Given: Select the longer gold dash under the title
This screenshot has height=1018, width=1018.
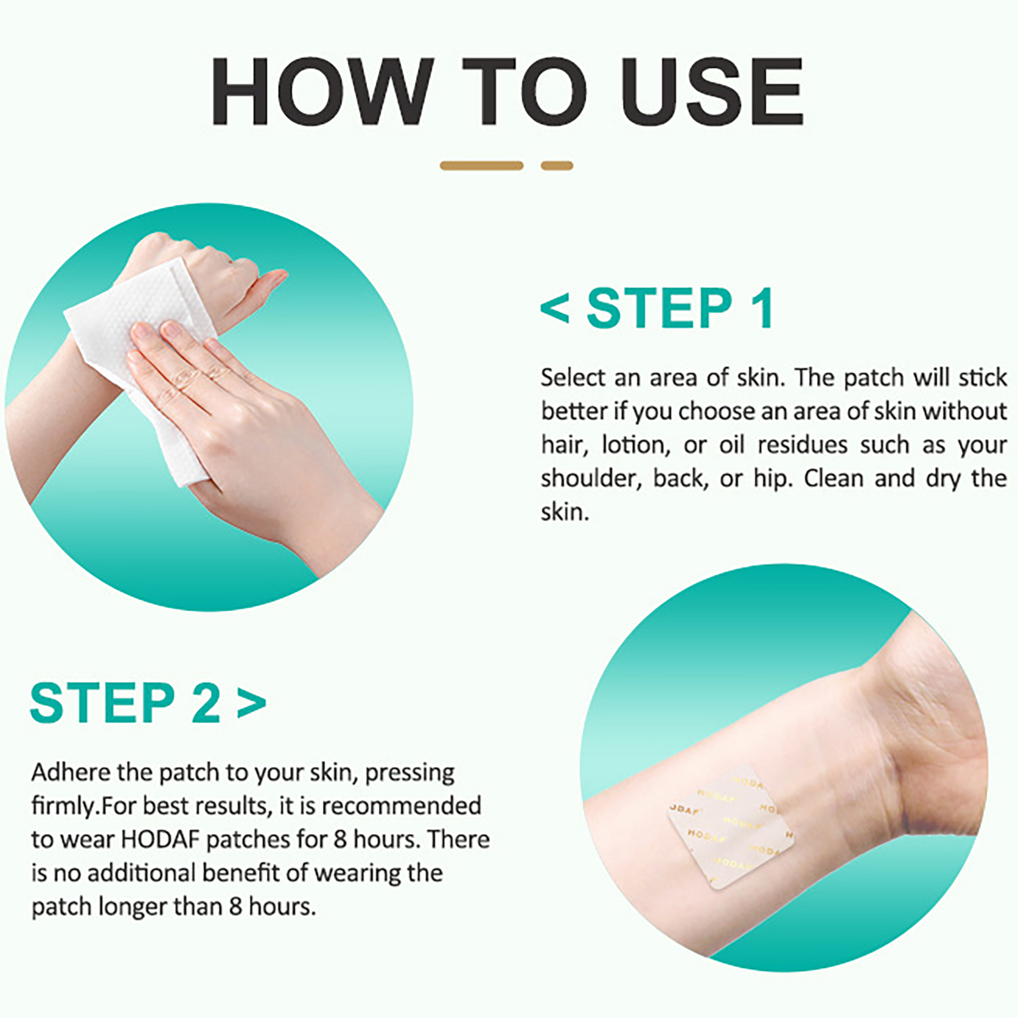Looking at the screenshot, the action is pos(482,165).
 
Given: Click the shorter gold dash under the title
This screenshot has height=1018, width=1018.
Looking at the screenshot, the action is pos(557,165).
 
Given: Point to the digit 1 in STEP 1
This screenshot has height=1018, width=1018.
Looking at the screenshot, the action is pos(762,308).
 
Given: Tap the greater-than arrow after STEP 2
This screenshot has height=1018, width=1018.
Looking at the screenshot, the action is pos(251,704).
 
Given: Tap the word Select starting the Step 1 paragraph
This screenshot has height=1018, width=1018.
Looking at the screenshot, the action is pos(573,377).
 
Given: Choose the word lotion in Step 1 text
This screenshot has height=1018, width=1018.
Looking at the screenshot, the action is pos(636,445).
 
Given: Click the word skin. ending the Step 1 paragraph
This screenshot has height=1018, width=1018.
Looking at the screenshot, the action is pos(565,512).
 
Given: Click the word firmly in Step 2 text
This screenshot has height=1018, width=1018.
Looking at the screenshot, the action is pos(64,805).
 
